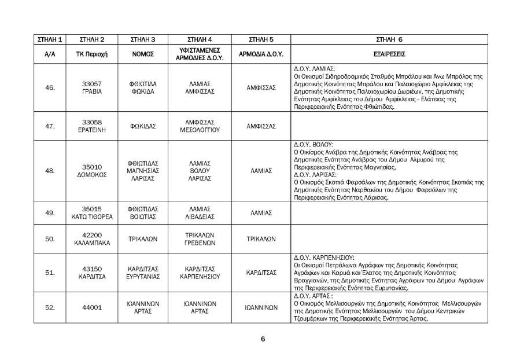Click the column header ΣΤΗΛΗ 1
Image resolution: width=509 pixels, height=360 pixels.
coord(50,39)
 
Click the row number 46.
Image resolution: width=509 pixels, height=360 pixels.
coord(50,88)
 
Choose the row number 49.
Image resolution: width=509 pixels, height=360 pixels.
coord(50,213)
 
